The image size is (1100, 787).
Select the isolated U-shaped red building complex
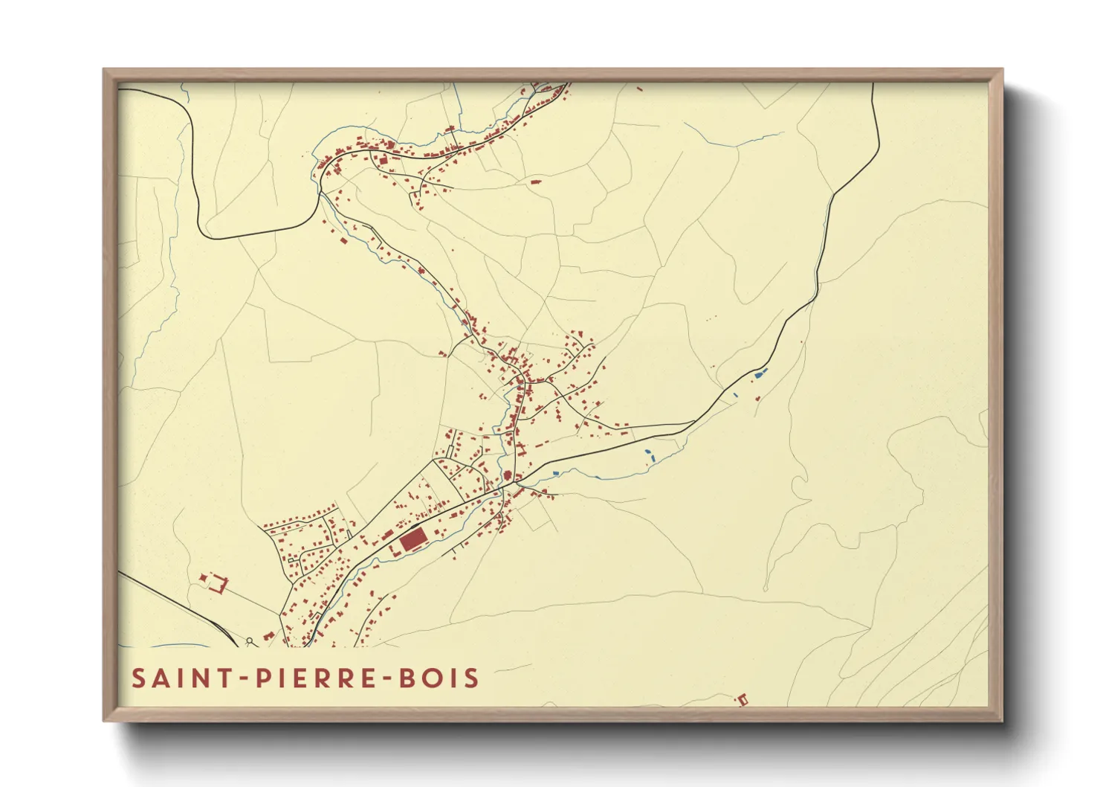tap(215, 582)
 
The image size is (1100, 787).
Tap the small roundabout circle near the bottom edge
tap(250, 639)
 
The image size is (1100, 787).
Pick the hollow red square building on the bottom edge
tap(741, 699)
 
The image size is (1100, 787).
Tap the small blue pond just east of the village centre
tap(555, 473)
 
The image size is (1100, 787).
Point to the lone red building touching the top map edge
tap(639, 89)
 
